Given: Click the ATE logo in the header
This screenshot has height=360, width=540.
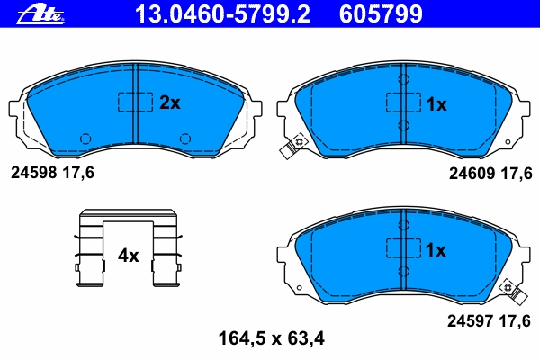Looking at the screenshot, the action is tap(40, 14).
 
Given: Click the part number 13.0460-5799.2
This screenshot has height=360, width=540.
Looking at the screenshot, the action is tap(223, 14).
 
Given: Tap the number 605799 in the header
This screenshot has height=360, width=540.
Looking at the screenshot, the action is tap(381, 14).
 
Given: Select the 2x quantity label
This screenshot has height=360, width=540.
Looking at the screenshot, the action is tap(170, 103).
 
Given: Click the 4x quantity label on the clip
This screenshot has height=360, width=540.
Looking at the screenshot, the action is tap(128, 256).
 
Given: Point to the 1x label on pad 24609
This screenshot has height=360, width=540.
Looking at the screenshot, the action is tap(436, 104).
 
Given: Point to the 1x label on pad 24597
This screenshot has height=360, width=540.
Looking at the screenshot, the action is tap(436, 250).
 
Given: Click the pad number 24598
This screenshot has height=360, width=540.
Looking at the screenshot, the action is tap(33, 172).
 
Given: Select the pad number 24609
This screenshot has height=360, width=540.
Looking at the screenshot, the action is tap(472, 174).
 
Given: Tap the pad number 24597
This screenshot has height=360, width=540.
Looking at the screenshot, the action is tap(470, 321).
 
